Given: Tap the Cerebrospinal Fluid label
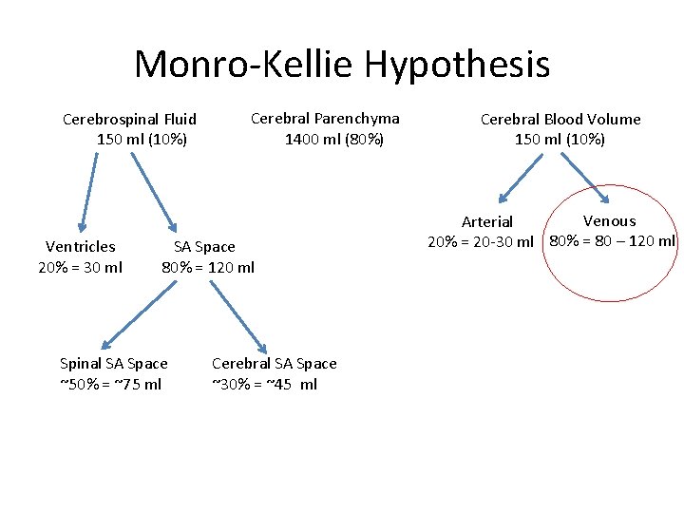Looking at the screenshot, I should pos(129,119).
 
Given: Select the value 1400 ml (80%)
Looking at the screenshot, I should pos(334,139).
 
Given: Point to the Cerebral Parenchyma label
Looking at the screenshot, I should pos(325,119).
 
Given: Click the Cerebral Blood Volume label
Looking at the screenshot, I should pos(560,119).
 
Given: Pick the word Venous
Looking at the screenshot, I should pos(609,220).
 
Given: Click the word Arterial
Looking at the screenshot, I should pos(487,221).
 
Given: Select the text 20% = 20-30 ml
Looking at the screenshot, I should pos(481,241).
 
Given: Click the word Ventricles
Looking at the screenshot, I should pos(81,247).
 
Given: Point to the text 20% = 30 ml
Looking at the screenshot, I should pos(80,267).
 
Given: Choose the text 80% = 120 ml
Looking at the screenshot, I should pos(208,267).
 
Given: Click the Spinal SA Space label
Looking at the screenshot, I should pos(113,364).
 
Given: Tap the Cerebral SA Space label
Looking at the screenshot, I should pos(274,364).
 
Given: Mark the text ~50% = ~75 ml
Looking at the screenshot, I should pos(110,384).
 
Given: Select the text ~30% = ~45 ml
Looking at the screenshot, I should pos(264,384).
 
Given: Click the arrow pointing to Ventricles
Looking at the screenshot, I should pos(88,192).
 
